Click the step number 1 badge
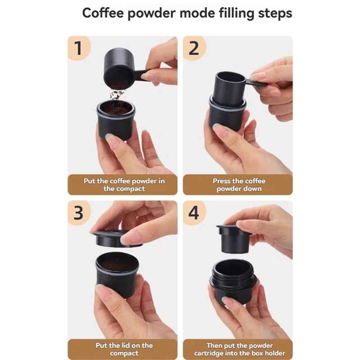coord(79,48)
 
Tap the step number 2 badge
coord(194,48)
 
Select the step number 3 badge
coord(79,212)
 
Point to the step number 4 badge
coord(194,212)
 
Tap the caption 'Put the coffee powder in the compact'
coord(122,184)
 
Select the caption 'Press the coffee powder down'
coord(238,184)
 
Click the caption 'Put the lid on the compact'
coord(122,349)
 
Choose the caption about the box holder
coord(238,349)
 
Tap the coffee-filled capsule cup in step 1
coord(116,119)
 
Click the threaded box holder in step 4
coord(233,279)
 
